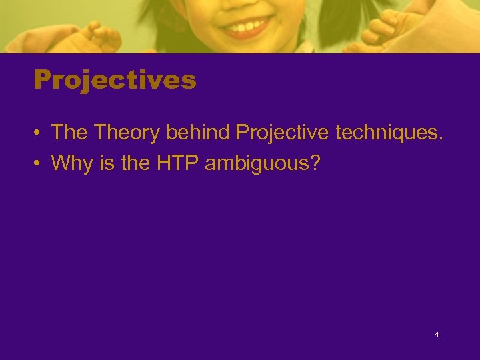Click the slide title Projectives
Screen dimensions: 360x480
tap(115, 81)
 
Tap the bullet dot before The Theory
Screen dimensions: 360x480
tap(39, 133)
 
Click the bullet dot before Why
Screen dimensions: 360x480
tap(39, 163)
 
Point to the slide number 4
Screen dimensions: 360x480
tap(437, 335)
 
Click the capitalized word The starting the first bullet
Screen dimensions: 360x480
tap(70, 133)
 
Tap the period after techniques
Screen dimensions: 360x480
tap(439, 139)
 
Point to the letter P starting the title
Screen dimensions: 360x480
tap(42, 81)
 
